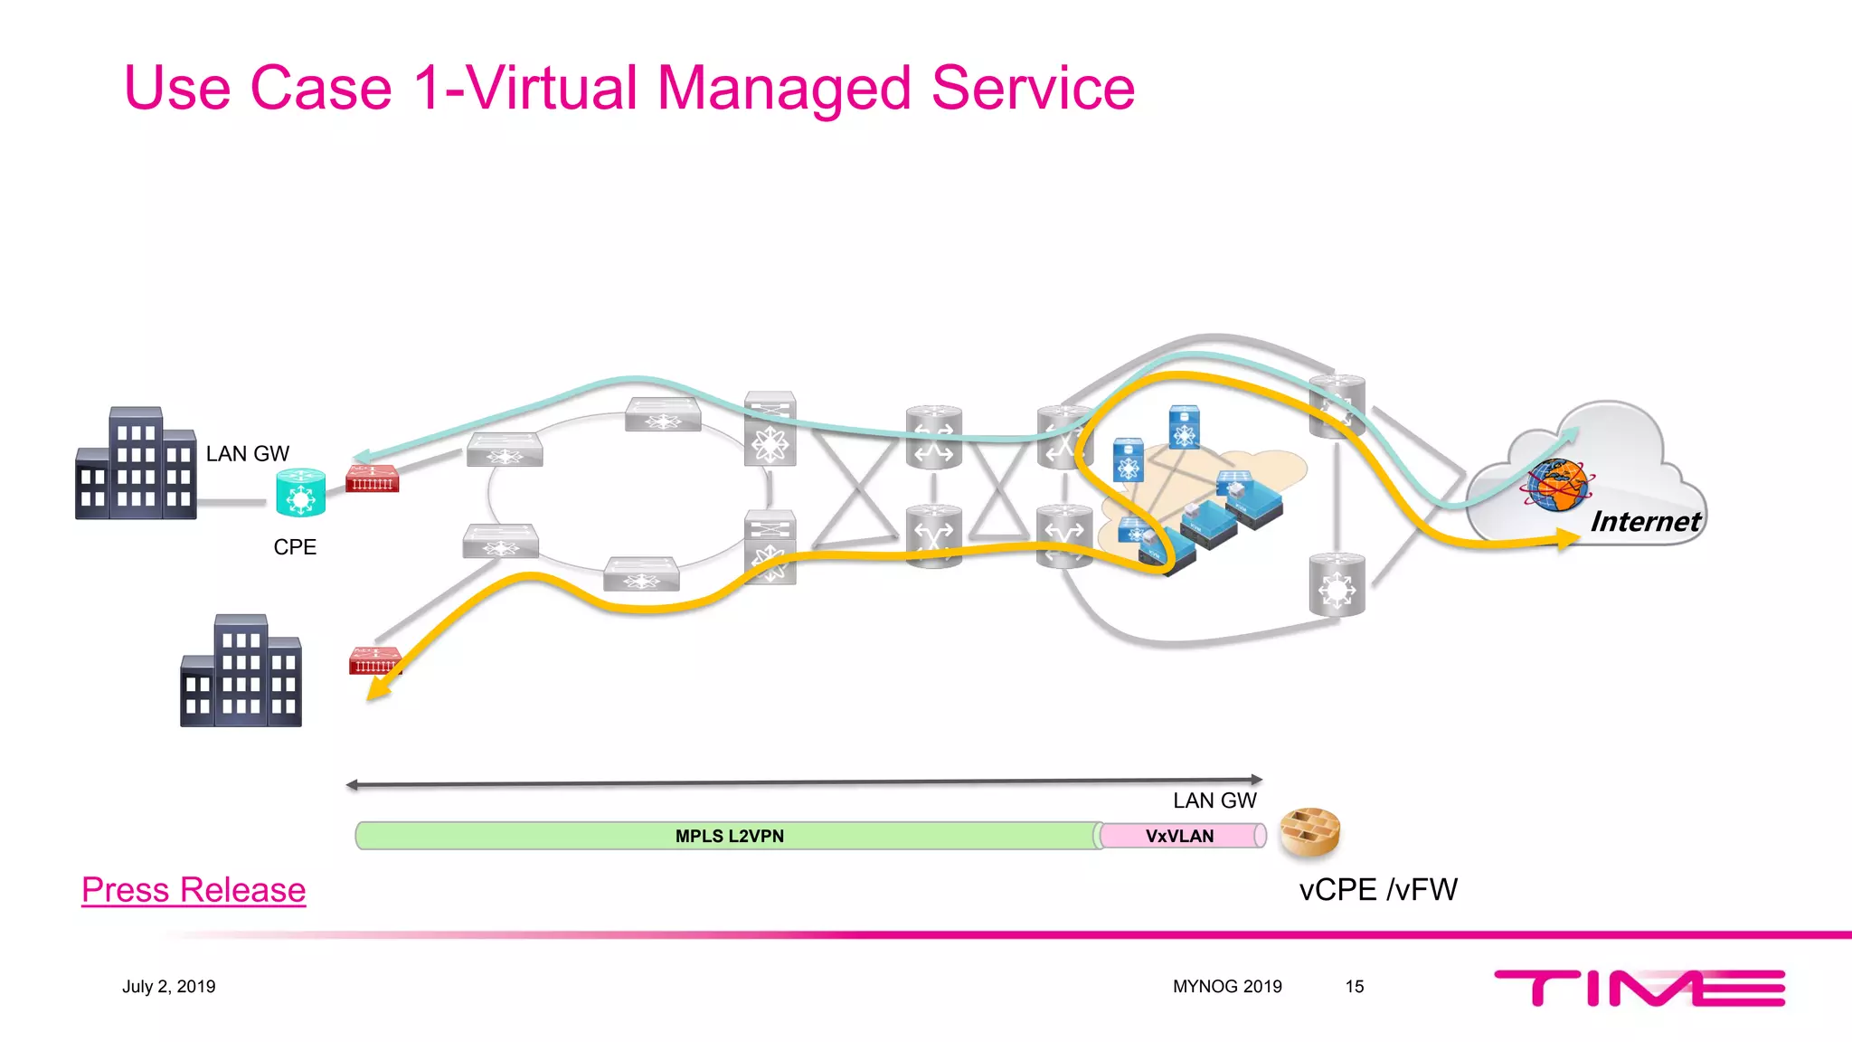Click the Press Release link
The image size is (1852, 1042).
tap(194, 890)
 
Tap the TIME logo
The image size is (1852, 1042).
tap(1639, 988)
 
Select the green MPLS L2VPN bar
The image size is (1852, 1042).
tap(728, 836)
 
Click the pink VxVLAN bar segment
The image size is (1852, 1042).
tap(1180, 836)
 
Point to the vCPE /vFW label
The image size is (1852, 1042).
tap(1377, 890)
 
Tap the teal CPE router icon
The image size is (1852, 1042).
tap(300, 492)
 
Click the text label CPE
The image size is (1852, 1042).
tap(295, 547)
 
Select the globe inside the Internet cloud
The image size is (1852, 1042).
tap(1556, 485)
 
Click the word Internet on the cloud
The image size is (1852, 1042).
tap(1645, 522)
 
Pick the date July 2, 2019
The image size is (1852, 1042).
tap(169, 987)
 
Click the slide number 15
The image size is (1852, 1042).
tap(1354, 987)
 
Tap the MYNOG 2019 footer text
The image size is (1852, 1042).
tap(1227, 987)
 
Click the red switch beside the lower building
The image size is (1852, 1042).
tap(374, 661)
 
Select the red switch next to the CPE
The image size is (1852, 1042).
tap(372, 478)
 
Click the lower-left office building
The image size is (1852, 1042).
tap(241, 671)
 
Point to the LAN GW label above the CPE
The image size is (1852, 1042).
tap(247, 454)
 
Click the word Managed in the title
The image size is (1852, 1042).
tap(784, 89)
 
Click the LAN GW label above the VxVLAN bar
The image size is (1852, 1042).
tap(1214, 801)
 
